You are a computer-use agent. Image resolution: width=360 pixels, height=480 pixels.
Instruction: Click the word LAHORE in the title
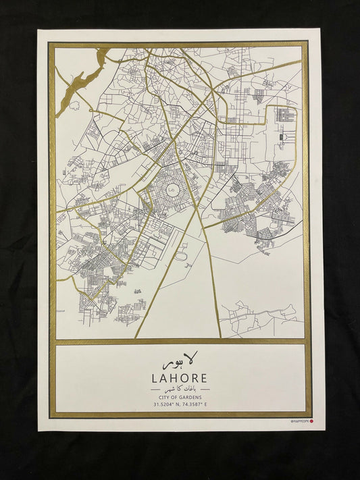click(180, 378)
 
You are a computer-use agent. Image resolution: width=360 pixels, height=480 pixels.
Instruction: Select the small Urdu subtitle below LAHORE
click(180, 390)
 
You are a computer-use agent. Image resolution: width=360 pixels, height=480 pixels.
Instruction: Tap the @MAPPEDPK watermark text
click(299, 422)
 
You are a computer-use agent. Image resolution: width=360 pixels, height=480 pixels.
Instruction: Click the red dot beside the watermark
click(312, 422)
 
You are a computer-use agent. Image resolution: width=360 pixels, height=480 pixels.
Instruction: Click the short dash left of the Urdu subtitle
click(148, 390)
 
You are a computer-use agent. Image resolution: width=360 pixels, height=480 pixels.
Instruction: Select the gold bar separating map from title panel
click(180, 342)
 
